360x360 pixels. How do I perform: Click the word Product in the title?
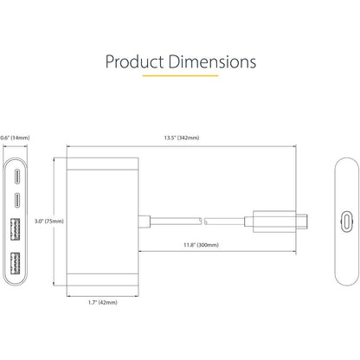coord(138,62)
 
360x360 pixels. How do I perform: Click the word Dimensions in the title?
coord(209,62)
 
